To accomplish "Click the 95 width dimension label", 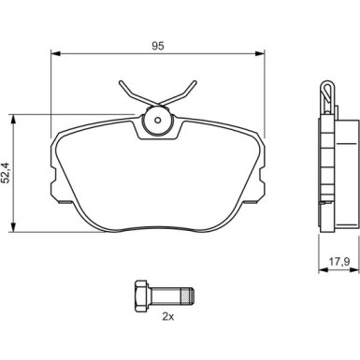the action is coord(158,46).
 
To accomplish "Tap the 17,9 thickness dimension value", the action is coord(339,262).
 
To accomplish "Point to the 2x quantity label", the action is coord(168,317).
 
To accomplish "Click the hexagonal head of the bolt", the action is coord(141,295).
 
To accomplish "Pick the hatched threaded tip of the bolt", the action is coord(188,295).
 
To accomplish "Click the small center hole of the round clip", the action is coord(158,120).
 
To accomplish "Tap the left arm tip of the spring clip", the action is coord(121,82).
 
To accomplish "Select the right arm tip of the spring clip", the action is coord(195,82).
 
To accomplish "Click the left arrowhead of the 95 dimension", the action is coord(55,53).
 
